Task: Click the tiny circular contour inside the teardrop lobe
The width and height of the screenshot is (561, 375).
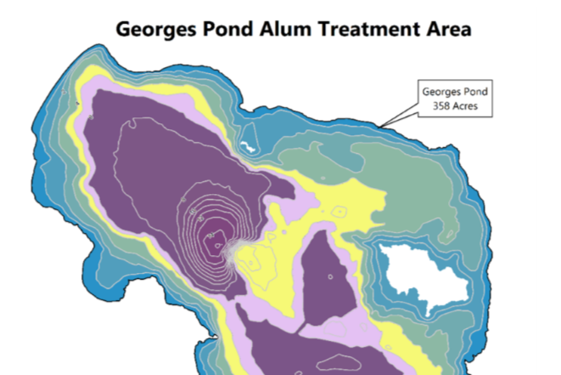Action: tap(329, 276)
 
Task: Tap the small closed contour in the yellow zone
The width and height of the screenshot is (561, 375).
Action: tap(338, 211)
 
